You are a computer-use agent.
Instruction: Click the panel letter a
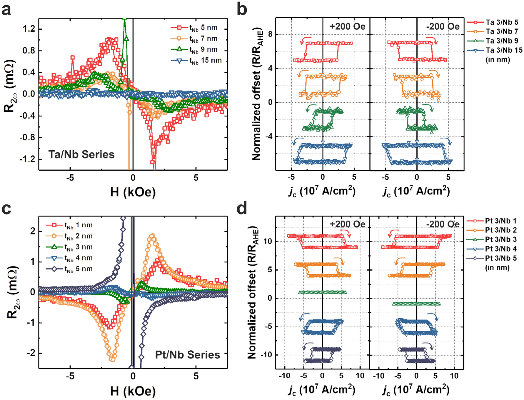(6, 9)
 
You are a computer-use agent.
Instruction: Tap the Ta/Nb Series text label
(81, 154)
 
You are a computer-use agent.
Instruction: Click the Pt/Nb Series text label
(187, 355)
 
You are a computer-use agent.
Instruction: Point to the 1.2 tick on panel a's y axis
(29, 29)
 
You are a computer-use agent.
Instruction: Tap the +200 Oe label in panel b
(347, 26)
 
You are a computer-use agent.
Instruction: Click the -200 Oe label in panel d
(443, 224)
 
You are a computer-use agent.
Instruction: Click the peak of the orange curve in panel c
(152, 236)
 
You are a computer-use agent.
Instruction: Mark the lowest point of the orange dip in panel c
(112, 359)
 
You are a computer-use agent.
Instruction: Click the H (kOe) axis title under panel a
(133, 192)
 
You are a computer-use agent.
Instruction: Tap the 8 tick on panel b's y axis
(270, 34)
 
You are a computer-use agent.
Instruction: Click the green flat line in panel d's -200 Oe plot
(416, 304)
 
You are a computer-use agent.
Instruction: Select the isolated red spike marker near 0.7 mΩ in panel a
(72, 58)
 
